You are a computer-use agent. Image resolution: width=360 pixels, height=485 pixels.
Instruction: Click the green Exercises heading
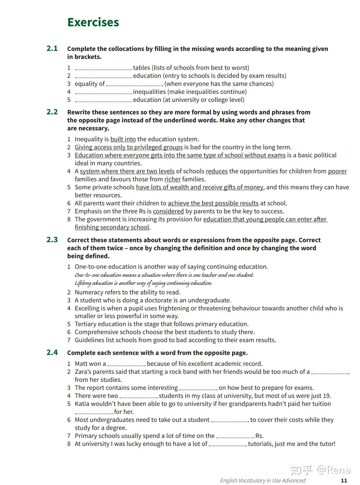tap(93, 22)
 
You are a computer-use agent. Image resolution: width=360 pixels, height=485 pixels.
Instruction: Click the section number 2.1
tap(52, 48)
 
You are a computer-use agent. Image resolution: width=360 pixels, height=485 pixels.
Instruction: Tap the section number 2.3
tap(52, 240)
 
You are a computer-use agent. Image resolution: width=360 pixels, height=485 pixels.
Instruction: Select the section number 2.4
tap(52, 352)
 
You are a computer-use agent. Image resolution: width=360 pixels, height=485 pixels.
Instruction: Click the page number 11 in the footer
tap(344, 480)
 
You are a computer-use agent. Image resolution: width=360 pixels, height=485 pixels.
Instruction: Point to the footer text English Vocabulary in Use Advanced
tap(263, 480)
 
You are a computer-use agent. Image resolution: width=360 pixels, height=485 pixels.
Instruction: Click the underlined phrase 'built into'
tap(123, 139)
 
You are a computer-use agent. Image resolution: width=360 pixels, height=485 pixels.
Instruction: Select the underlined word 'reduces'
tap(217, 171)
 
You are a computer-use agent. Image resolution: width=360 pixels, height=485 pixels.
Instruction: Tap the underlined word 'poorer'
tap(337, 171)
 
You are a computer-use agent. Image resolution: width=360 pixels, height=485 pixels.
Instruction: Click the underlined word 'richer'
tap(172, 179)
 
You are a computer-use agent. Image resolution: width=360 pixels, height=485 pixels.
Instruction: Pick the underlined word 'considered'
tap(168, 211)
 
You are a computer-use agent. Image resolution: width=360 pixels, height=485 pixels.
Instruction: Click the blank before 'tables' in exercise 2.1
tap(103, 68)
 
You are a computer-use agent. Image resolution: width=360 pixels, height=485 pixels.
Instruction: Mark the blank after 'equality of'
tap(134, 84)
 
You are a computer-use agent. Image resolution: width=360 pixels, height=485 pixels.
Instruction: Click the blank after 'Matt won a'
tap(127, 364)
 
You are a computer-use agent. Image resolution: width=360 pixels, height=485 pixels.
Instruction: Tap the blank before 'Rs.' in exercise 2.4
tap(235, 436)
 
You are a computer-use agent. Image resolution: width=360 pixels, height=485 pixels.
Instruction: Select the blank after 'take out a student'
tap(230, 420)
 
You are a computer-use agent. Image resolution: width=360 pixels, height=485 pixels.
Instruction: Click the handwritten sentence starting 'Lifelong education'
tap(143, 283)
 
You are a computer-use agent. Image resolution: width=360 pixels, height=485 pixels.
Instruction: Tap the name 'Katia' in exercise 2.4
tap(82, 404)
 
